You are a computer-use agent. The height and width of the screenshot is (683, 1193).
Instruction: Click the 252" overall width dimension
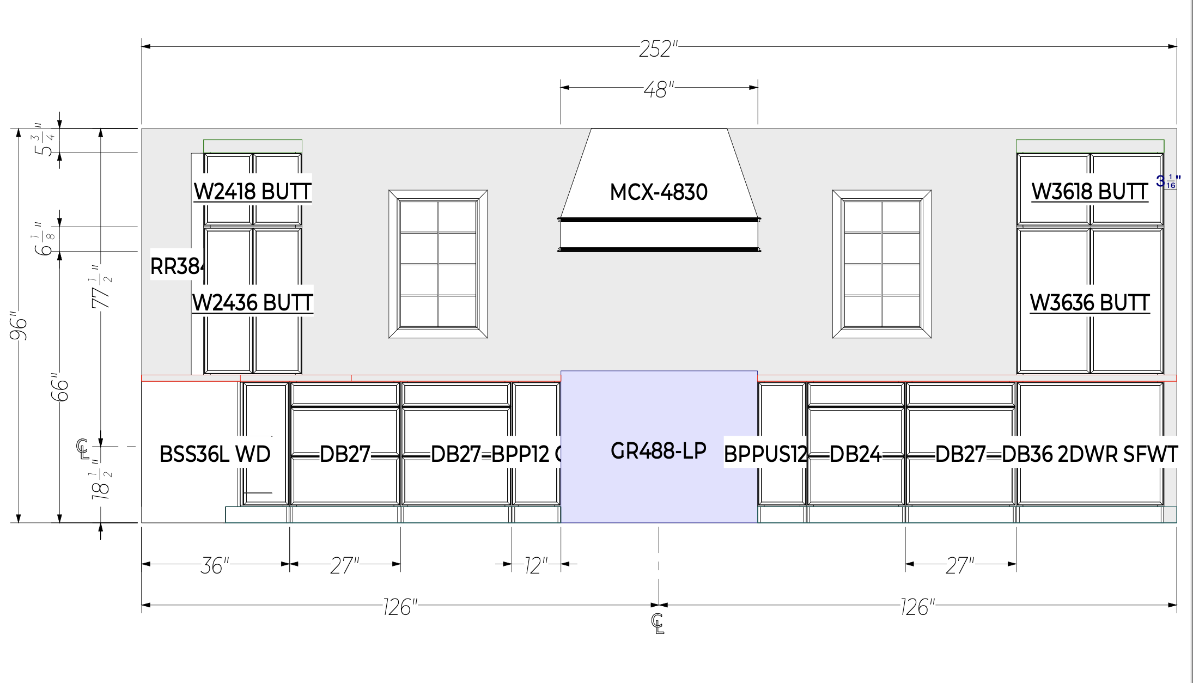point(658,49)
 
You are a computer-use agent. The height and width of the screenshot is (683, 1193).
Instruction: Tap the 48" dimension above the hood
point(659,89)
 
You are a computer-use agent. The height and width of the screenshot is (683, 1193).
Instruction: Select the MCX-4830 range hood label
point(659,192)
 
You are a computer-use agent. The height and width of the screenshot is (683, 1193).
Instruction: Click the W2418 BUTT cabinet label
point(253,192)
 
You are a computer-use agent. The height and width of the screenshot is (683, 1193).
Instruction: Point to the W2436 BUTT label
point(253,303)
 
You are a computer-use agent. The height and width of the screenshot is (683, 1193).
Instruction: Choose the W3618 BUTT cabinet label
point(1089,192)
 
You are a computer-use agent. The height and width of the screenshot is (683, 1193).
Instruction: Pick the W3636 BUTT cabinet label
point(1089,303)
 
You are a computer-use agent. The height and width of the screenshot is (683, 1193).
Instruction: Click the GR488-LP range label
point(659,451)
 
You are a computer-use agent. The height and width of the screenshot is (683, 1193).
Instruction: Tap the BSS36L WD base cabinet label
point(215,454)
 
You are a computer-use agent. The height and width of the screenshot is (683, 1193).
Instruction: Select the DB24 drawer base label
point(855,454)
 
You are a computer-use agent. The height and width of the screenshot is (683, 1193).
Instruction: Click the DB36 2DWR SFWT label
point(1089,454)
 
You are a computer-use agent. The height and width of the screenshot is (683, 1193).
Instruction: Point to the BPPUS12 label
point(765,454)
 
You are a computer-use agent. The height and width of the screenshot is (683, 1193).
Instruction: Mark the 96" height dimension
point(19,326)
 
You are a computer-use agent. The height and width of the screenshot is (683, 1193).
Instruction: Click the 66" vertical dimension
point(60,387)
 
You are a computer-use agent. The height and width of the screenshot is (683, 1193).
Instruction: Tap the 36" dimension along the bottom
point(215,565)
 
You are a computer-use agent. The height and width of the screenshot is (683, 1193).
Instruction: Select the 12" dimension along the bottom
point(536,565)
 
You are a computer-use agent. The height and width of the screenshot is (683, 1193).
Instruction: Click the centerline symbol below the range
point(658,624)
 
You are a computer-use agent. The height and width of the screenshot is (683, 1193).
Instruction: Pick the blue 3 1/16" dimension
point(1168,181)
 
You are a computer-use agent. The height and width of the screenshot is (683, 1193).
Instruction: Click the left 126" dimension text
point(400,607)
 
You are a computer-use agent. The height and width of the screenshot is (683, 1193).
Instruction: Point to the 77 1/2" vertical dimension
point(101,287)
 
